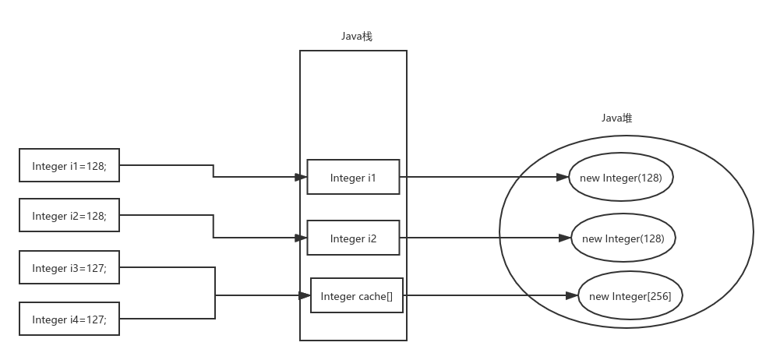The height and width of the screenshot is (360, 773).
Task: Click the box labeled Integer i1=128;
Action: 69,165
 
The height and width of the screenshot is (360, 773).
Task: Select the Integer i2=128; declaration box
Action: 69,215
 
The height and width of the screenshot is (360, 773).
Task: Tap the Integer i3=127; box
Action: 69,268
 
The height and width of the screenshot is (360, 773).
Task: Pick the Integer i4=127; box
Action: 69,319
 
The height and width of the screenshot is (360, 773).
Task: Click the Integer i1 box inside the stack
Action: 353,178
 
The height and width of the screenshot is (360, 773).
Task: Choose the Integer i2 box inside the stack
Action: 353,238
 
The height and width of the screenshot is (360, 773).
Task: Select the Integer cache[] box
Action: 357,295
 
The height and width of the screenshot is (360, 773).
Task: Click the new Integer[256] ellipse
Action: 630,296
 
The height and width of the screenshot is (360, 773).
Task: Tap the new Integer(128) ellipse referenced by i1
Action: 621,178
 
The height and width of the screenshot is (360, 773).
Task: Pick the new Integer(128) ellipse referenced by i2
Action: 623,238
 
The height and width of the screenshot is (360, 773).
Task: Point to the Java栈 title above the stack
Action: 357,37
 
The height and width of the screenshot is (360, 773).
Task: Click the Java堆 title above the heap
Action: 616,118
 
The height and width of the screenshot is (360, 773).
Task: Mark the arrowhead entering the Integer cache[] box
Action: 305,295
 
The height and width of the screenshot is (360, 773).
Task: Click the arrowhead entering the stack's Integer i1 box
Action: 302,178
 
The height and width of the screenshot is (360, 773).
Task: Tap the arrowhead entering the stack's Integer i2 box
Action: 302,238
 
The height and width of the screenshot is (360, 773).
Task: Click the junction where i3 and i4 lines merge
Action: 215,295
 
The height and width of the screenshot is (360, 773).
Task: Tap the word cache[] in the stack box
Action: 376,296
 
